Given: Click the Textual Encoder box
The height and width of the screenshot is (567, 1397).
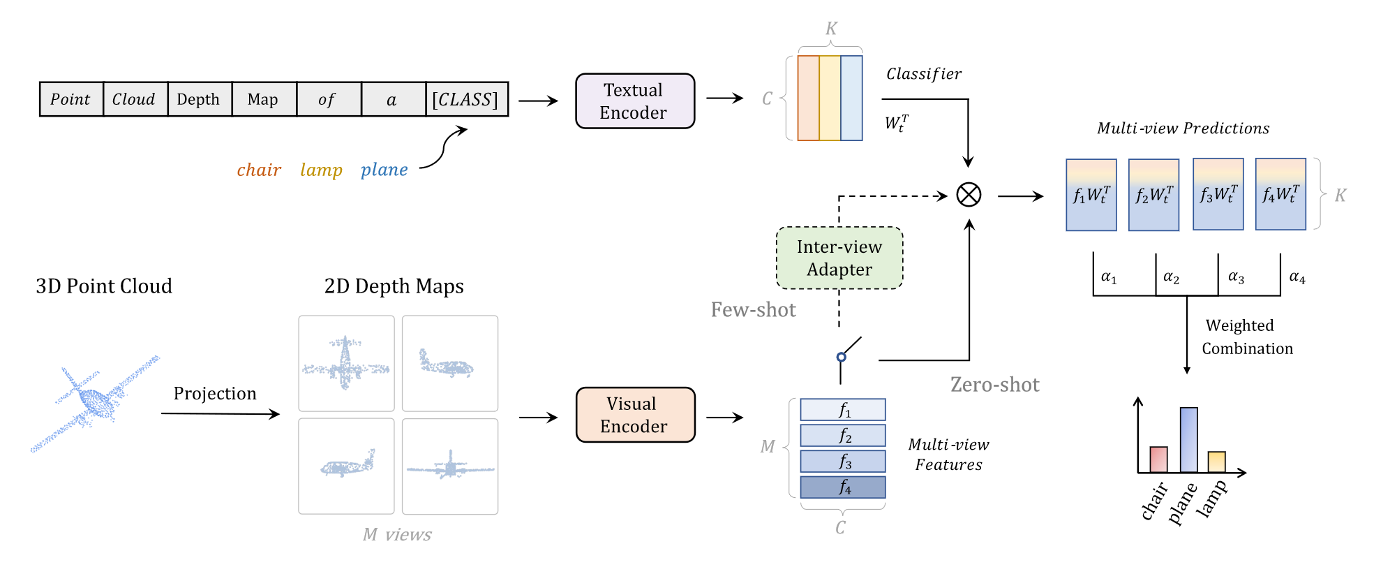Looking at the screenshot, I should click(634, 101).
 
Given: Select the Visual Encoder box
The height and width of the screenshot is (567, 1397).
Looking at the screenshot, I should click(635, 415).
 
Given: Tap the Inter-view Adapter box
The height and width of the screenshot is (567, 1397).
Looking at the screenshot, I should click(839, 258).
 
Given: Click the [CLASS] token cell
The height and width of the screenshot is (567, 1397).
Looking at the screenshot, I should click(466, 99).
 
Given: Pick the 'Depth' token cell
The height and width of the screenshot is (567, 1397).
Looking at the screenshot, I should click(199, 99).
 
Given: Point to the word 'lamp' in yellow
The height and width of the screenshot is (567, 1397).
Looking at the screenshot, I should click(321, 170).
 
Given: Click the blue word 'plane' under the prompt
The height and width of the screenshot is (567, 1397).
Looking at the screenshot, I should click(384, 170).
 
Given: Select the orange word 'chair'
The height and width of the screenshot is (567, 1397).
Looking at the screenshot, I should click(259, 170).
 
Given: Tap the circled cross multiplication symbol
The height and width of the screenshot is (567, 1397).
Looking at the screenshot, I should click(968, 195).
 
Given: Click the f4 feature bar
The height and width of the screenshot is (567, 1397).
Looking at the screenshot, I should click(842, 487).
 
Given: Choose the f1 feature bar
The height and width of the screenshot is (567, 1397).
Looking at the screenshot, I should click(842, 409).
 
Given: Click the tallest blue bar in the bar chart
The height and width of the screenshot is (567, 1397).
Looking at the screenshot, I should click(1188, 439).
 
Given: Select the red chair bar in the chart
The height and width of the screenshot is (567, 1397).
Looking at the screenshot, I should click(1158, 459).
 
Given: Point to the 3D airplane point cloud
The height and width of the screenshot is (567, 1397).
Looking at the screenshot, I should click(94, 403).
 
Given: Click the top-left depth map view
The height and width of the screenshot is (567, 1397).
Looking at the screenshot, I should click(346, 363).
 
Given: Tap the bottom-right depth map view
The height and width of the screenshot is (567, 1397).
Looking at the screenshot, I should click(450, 466).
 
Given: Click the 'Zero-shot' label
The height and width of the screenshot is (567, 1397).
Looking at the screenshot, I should click(994, 385).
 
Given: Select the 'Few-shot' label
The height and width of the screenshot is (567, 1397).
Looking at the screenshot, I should click(753, 310).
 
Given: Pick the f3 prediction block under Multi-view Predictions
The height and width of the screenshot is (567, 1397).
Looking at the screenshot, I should click(1218, 194).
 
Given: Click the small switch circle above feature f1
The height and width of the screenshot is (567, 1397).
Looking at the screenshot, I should click(841, 357).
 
